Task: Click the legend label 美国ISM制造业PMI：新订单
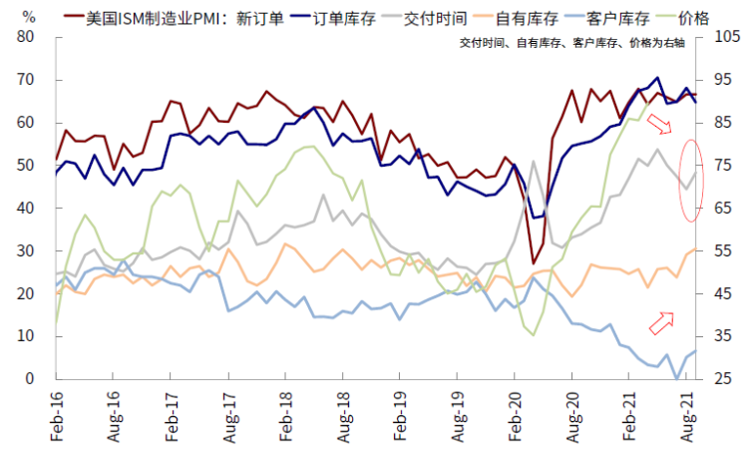176,18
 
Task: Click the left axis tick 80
27,37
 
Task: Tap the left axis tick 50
27,166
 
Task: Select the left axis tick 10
27,337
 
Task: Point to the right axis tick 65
722,209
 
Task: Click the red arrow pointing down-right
661,124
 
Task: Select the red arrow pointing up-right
661,320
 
